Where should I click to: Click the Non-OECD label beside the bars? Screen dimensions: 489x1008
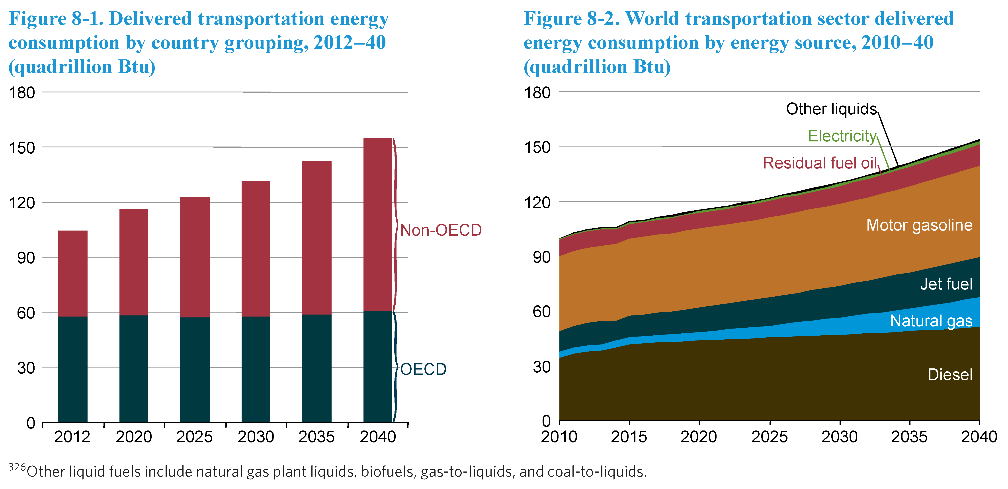tap(441, 230)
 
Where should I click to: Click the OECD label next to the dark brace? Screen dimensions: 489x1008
tap(423, 369)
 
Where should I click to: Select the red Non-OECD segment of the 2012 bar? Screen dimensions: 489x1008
tap(73, 273)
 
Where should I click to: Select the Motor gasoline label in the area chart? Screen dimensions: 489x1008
tap(919, 225)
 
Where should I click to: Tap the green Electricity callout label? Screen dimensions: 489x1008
tap(842, 136)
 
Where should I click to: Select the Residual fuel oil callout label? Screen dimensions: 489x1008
tap(820, 163)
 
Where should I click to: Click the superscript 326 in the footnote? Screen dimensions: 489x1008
tap(17, 467)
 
